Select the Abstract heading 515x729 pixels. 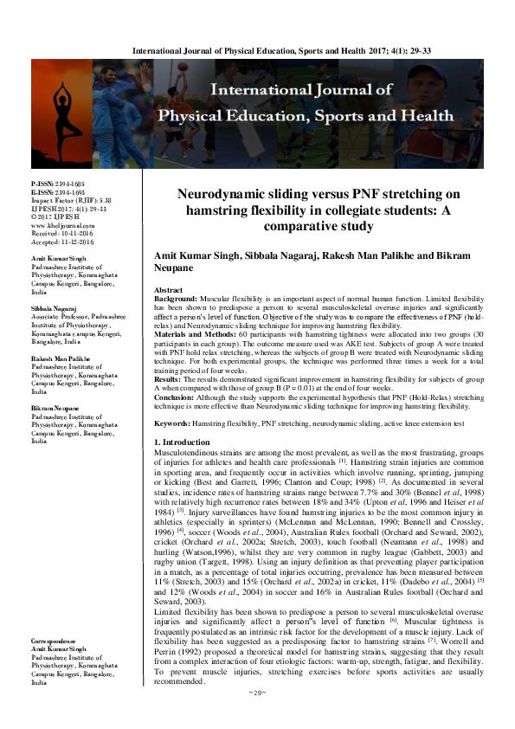[167, 266]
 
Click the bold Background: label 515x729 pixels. [176, 274]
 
